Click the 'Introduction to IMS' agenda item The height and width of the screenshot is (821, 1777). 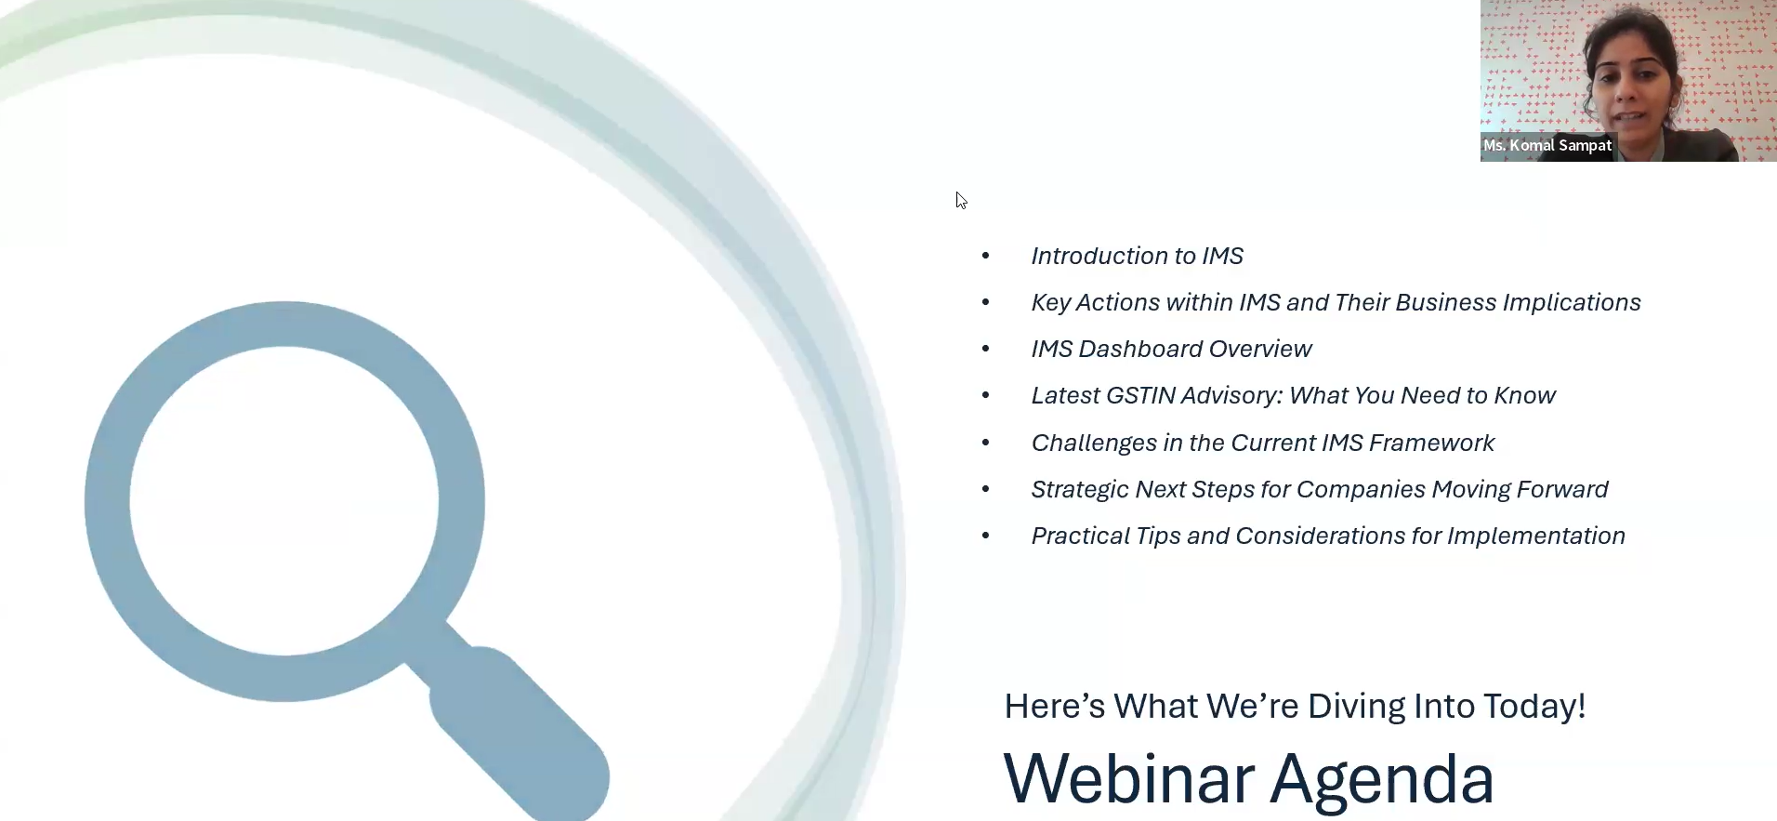pyautogui.click(x=1137, y=256)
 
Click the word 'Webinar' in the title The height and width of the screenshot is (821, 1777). pyautogui.click(x=1129, y=778)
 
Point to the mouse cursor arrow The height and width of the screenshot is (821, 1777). pyautogui.click(x=961, y=201)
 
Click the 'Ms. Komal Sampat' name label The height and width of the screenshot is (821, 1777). pyautogui.click(x=1547, y=145)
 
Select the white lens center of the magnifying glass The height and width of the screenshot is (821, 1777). pyautogui.click(x=284, y=501)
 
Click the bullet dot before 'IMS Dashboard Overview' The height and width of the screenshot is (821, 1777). pyautogui.click(x=986, y=349)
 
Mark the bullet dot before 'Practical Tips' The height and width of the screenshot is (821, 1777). pyautogui.click(x=986, y=536)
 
